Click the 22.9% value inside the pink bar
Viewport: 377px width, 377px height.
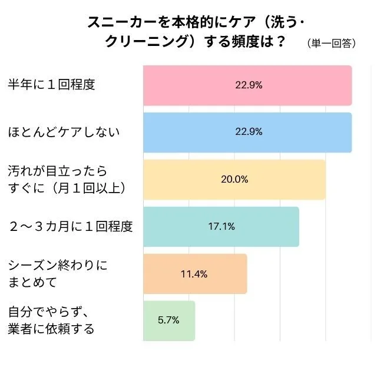click(249, 85)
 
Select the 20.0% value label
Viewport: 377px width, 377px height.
click(234, 179)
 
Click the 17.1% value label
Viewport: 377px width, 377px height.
click(221, 226)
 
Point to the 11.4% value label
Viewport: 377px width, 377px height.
click(195, 273)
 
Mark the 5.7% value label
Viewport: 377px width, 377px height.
click(168, 320)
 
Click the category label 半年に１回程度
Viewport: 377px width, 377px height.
click(51, 84)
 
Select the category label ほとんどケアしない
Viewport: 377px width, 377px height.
click(63, 131)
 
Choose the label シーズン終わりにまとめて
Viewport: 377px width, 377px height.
click(57, 273)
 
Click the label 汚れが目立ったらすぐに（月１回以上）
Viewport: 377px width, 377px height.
click(67, 179)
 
